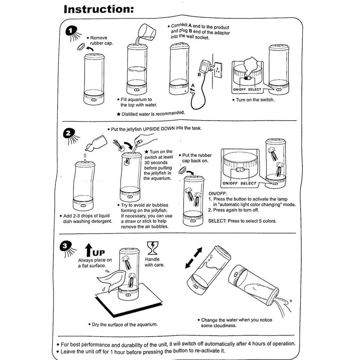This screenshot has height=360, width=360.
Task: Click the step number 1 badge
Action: [71, 31]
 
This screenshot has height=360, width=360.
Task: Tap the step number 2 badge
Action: [68, 134]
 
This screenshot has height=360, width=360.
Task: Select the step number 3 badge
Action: [65, 246]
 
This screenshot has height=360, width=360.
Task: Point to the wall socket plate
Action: [218, 70]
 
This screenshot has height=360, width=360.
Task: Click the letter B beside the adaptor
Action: [199, 74]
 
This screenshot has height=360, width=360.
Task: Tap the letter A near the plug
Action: [193, 85]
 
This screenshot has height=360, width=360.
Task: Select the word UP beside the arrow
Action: [99, 252]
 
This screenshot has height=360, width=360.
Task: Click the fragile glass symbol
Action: [153, 248]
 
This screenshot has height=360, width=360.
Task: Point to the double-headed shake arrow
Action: [194, 258]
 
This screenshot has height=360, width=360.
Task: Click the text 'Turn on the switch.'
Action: [255, 100]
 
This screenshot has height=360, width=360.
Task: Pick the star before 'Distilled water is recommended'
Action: [118, 114]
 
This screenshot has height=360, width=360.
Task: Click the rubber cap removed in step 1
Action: [81, 46]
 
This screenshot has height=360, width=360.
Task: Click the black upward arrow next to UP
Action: [89, 250]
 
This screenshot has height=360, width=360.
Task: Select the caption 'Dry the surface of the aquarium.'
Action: [125, 324]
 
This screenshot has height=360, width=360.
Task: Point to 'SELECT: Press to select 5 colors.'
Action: [242, 221]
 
